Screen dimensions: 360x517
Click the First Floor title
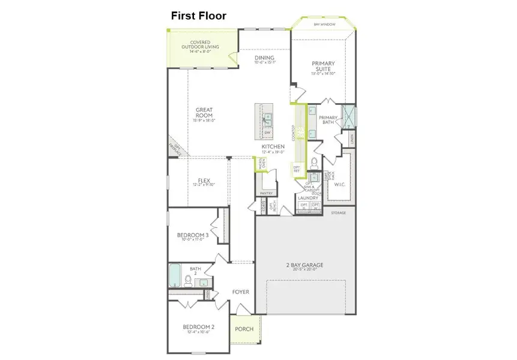click(x=199, y=16)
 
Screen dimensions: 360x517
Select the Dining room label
click(x=264, y=58)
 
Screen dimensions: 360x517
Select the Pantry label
click(x=266, y=193)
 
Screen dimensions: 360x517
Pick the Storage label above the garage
click(x=339, y=212)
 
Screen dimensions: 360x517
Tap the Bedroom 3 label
click(x=193, y=235)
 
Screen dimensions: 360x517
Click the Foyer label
click(x=241, y=292)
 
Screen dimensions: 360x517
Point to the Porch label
click(x=244, y=329)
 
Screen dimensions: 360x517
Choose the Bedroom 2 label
click(x=199, y=327)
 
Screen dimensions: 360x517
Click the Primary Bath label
click(x=328, y=120)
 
